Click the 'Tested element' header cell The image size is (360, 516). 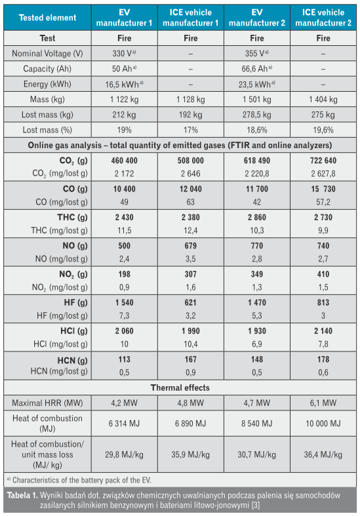pos(47,18)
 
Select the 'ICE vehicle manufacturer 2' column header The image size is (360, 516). pos(323,18)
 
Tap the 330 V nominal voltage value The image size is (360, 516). pos(124,53)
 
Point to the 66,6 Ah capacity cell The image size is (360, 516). pos(256,69)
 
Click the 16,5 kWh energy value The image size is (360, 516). pos(124,84)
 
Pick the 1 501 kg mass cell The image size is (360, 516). pos(256,100)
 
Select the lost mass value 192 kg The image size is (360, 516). pos(191,115)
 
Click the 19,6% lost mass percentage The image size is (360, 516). pos(323,130)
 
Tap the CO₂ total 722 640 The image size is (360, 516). pos(323,161)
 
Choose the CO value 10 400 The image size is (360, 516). pos(124,189)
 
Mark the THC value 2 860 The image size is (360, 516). pos(256,217)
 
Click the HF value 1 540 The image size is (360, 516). pos(124,302)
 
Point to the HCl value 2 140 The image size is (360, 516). pos(323,330)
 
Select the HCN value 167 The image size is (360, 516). pos(191,359)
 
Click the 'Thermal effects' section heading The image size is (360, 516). pos(180,387)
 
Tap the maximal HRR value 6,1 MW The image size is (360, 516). pos(323,403)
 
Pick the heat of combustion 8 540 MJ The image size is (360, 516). pos(256,423)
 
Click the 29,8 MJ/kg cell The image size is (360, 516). pos(124,454)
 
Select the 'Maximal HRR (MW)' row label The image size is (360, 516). pos(47,403)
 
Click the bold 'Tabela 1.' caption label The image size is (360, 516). pos(22,495)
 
